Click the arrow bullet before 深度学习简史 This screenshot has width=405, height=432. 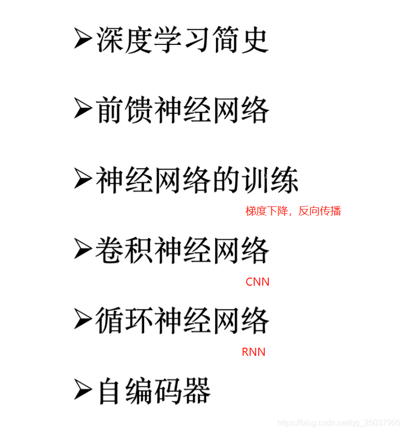click(x=83, y=39)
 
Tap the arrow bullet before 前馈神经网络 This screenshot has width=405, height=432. click(x=83, y=109)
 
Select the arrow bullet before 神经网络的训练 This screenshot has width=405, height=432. click(x=83, y=179)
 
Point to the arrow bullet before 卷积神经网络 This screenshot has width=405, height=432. click(x=83, y=249)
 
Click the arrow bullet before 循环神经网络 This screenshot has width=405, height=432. click(x=83, y=319)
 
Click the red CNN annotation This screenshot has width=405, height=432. click(x=257, y=282)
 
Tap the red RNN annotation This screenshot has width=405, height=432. click(x=254, y=352)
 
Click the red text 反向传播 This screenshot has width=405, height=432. click(x=320, y=211)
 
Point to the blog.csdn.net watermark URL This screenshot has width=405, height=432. click(x=339, y=422)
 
